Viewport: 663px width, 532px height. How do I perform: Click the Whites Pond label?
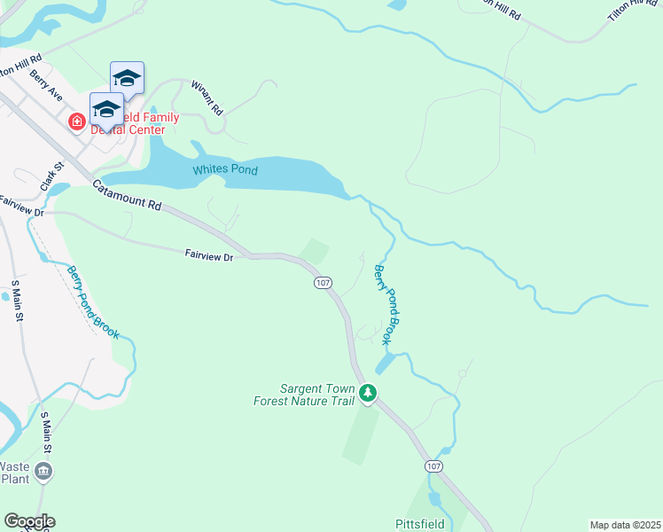click(x=225, y=169)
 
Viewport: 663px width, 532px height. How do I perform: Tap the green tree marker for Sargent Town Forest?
click(x=368, y=393)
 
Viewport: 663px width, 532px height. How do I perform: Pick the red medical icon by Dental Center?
click(x=77, y=121)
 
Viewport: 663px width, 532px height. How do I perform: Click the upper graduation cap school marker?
click(x=127, y=77)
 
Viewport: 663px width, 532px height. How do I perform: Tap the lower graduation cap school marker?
click(x=106, y=108)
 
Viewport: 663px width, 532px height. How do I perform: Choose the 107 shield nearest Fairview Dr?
click(x=323, y=282)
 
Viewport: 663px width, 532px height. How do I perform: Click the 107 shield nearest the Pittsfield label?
click(x=433, y=465)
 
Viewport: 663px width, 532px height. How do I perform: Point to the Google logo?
click(x=28, y=521)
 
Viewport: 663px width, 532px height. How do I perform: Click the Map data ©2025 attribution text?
click(x=625, y=525)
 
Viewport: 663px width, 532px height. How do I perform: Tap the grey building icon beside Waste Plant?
click(x=44, y=472)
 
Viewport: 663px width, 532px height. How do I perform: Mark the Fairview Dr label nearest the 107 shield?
click(x=209, y=256)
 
